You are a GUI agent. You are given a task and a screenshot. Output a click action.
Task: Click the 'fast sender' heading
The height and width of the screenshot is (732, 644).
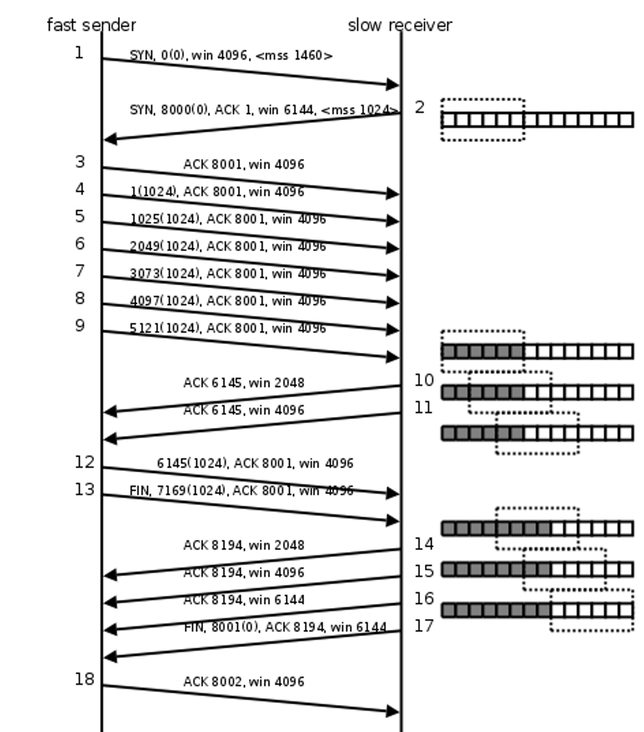point(91,25)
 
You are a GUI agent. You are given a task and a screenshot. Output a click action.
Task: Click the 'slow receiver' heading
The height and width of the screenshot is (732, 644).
point(399,25)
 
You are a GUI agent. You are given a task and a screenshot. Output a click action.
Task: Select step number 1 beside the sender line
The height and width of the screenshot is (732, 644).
point(79,52)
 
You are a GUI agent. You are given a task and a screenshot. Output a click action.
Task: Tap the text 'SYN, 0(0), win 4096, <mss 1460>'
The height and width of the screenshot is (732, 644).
point(231,55)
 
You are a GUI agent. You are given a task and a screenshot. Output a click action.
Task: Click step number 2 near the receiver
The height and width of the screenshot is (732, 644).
point(419,107)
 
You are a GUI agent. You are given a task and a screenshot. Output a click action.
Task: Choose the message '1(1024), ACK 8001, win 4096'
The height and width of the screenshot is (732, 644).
point(217,192)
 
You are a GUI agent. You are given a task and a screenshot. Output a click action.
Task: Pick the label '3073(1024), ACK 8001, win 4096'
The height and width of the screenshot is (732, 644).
point(228,274)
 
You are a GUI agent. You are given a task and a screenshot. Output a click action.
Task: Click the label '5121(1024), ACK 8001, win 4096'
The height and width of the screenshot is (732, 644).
point(228,329)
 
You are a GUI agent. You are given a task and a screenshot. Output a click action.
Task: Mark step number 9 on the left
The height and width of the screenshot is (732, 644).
point(80,325)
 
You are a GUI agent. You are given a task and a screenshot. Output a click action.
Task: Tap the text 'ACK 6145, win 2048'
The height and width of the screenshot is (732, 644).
point(244,383)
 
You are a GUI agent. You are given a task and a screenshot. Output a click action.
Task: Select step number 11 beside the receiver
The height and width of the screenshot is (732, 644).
point(424,407)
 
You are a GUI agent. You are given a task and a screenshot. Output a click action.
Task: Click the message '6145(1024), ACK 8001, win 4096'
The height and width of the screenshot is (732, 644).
point(255,464)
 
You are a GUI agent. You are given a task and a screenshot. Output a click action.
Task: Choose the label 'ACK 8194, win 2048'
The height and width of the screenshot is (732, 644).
point(244,545)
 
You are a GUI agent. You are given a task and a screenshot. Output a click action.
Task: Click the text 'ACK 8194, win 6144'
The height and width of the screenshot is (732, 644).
point(244,600)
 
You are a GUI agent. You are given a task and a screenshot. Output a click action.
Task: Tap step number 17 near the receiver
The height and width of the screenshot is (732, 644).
point(424,625)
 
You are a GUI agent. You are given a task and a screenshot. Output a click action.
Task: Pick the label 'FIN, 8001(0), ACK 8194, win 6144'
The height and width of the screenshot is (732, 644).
point(285,627)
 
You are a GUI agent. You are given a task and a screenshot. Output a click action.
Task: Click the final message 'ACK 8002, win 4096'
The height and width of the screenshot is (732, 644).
point(244,682)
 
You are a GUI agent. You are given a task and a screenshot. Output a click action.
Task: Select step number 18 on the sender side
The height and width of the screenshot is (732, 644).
point(84,680)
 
